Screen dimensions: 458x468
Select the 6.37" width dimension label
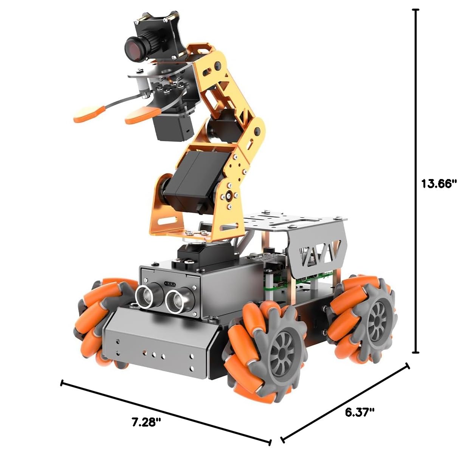(x=360, y=412)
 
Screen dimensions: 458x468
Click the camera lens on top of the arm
(x=134, y=48)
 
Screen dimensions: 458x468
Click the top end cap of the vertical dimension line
(x=416, y=10)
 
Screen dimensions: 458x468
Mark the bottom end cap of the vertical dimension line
(x=416, y=352)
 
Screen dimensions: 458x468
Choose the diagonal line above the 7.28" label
(x=166, y=413)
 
